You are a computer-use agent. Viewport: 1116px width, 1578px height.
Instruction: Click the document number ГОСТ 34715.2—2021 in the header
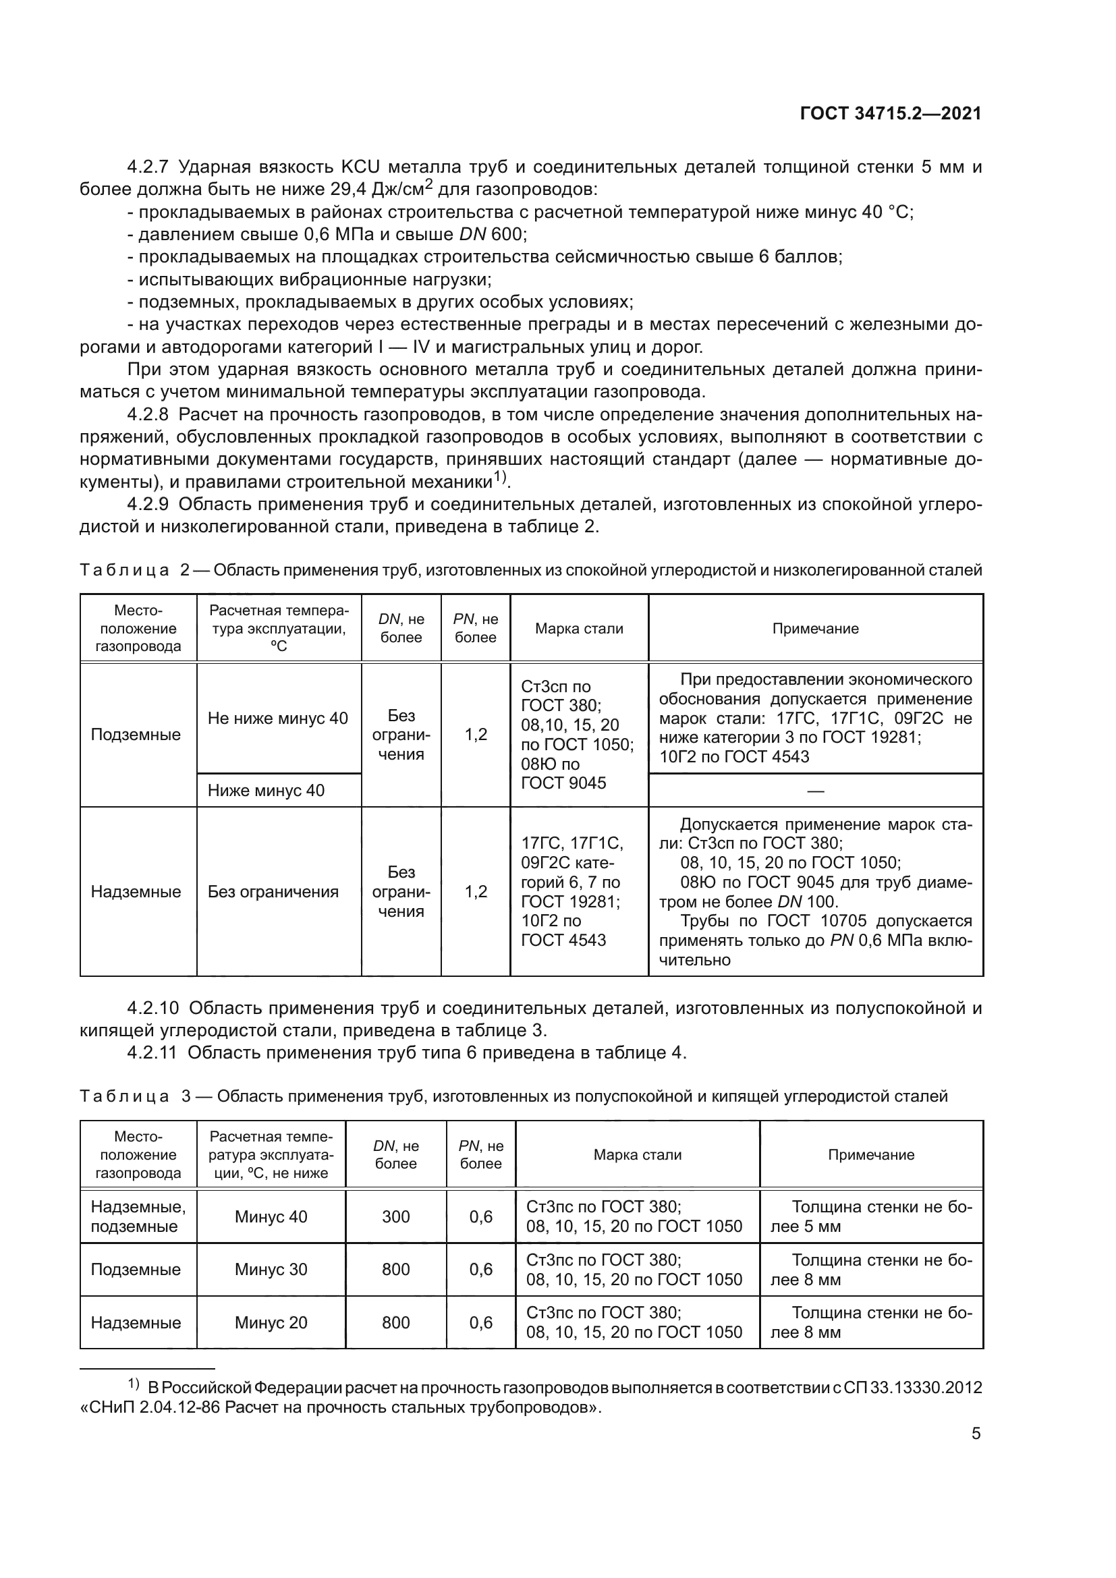891,114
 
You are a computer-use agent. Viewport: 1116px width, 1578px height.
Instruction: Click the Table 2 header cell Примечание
815,628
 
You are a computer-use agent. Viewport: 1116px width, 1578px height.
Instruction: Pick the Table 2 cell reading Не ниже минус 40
277,718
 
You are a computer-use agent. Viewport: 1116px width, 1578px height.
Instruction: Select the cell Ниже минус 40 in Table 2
266,791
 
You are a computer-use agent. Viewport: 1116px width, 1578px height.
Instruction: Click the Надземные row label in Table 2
136,891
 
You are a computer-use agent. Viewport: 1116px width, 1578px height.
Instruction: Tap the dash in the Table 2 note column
815,791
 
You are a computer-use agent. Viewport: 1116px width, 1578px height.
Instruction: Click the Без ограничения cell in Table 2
273,891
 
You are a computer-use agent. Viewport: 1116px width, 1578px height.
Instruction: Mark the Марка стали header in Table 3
637,1154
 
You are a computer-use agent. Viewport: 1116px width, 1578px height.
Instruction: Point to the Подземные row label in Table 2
136,734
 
